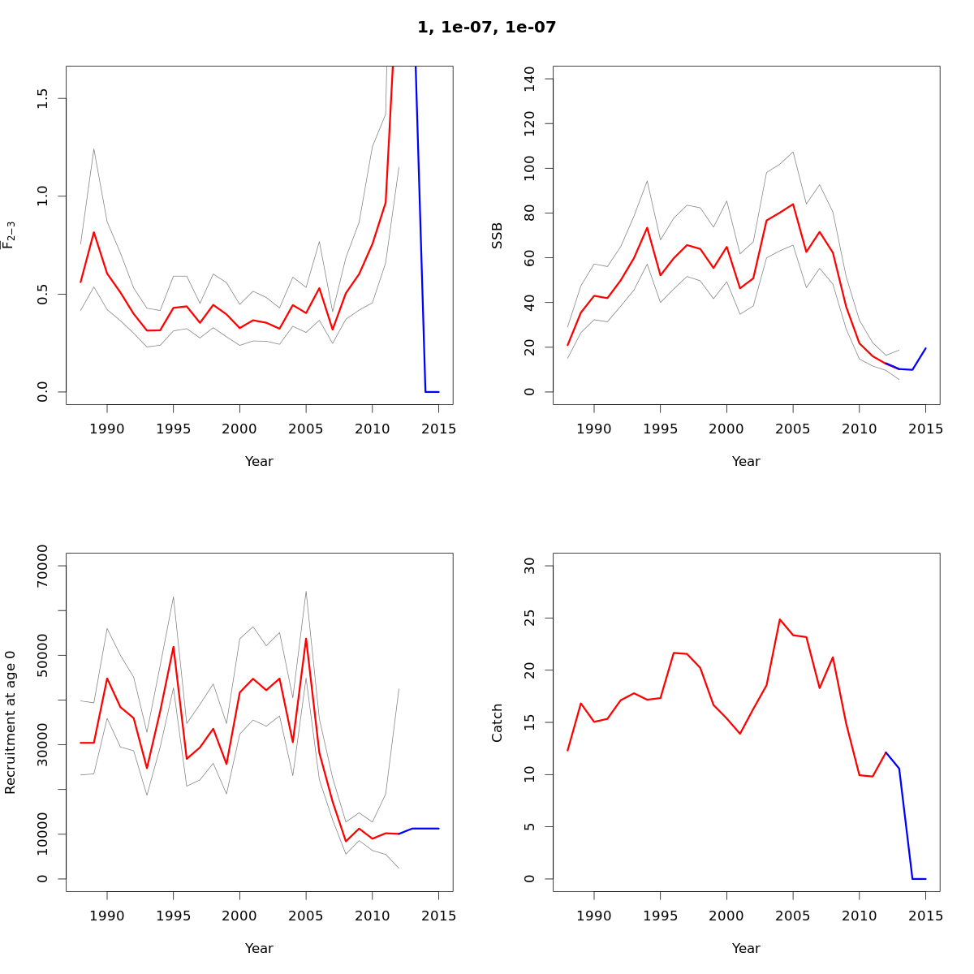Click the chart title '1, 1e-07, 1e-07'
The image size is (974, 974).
point(486,28)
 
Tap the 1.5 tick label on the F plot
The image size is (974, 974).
point(43,99)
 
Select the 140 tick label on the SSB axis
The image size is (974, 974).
point(530,79)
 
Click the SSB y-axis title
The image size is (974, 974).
point(498,235)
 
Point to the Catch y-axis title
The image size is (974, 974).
point(498,722)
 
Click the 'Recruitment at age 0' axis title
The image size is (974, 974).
point(11,722)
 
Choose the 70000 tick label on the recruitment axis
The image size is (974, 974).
point(43,566)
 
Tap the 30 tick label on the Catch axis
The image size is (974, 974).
point(530,566)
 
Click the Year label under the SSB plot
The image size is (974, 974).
point(746,461)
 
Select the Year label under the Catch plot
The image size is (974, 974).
point(746,948)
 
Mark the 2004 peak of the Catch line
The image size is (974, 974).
point(780,619)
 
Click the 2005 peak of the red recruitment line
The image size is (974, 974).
point(306,638)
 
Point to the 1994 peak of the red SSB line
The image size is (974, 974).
point(647,227)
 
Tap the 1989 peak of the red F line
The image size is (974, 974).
point(94,232)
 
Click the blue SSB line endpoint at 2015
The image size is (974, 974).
point(925,348)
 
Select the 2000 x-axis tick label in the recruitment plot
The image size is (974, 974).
point(239,916)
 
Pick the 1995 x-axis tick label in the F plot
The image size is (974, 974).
point(173,429)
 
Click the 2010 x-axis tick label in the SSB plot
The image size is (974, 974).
point(859,429)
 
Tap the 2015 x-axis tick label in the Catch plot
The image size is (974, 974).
point(925,916)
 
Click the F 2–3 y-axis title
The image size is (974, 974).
point(10,235)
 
